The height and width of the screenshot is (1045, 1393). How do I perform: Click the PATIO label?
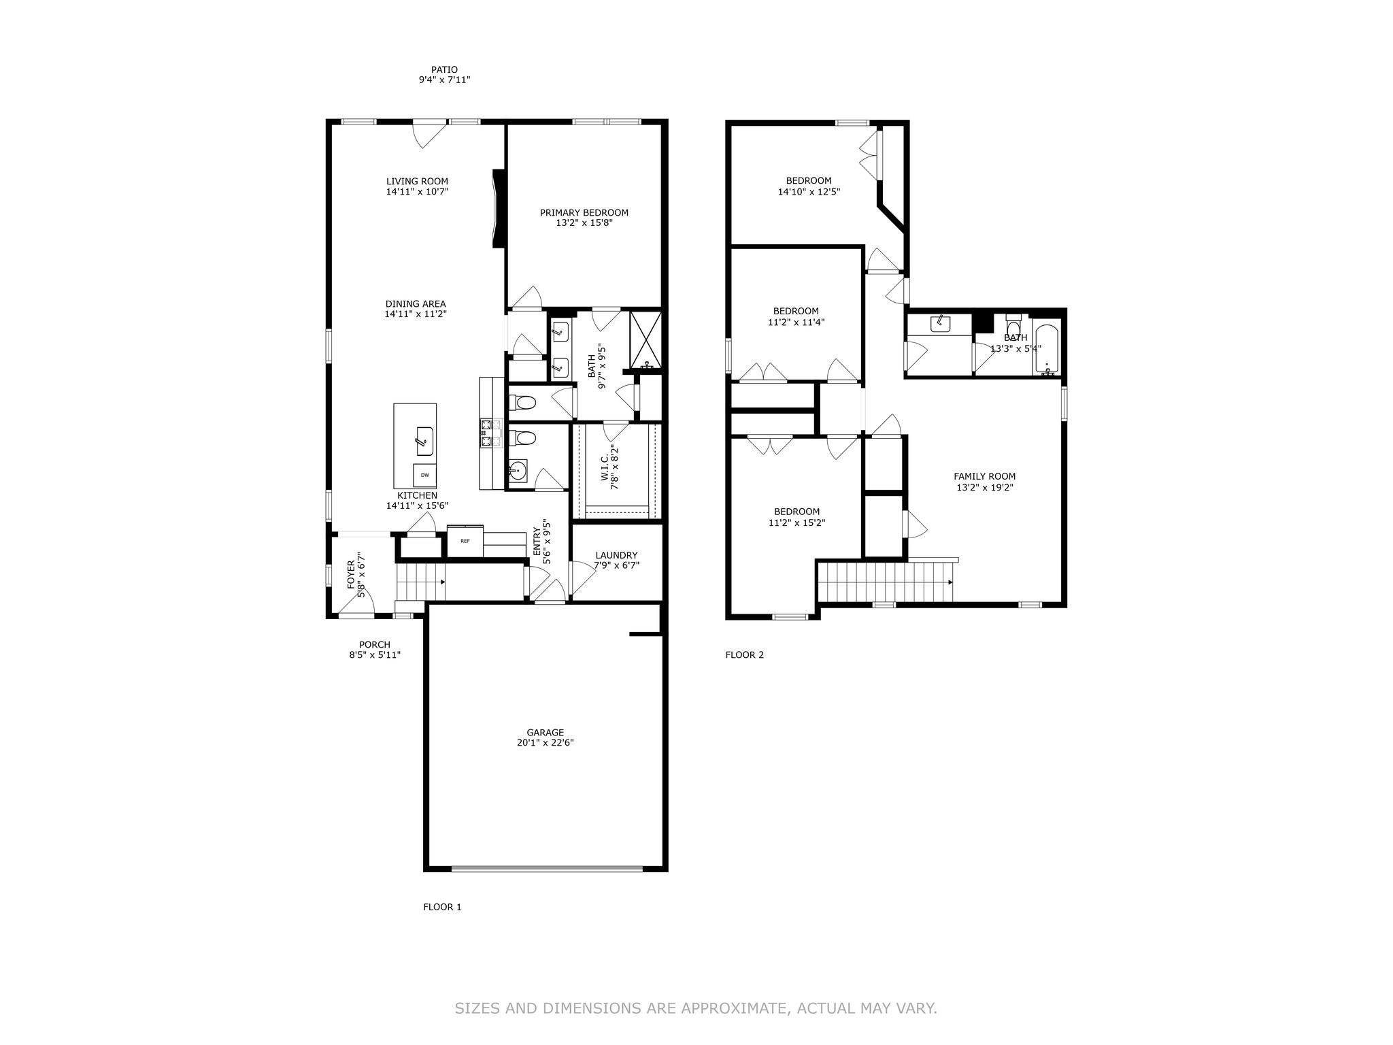point(444,69)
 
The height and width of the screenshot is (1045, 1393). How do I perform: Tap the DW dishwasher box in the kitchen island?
point(424,475)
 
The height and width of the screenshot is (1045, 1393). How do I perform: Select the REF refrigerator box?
point(465,541)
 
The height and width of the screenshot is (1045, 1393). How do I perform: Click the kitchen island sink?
point(424,441)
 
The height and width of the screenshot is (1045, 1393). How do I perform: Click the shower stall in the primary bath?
point(645,340)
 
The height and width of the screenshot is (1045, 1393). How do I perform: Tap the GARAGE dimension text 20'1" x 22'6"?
point(545,743)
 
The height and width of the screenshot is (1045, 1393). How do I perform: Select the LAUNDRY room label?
point(616,555)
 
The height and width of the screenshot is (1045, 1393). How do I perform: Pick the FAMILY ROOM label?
point(984,476)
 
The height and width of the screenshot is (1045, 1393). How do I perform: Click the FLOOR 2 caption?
point(744,655)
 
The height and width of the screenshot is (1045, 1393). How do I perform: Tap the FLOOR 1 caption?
point(442,907)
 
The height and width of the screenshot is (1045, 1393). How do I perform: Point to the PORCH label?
point(374,645)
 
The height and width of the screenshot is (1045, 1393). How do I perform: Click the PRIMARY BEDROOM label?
point(584,213)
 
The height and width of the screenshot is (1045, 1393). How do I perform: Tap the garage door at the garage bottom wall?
point(546,867)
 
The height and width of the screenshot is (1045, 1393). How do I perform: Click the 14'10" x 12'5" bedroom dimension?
point(809,192)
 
